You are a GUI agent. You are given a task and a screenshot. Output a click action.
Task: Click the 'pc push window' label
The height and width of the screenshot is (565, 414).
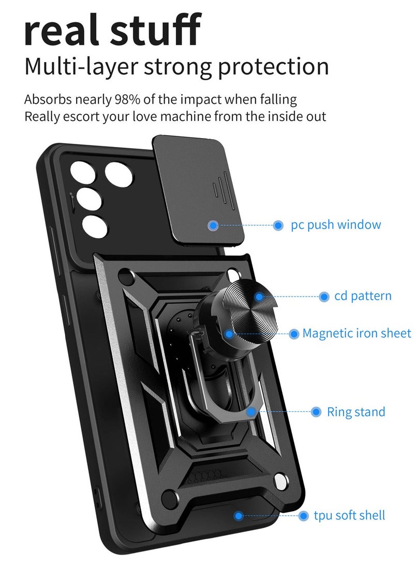(x=335, y=225)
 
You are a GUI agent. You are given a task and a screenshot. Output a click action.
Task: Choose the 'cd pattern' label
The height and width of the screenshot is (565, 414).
(x=363, y=296)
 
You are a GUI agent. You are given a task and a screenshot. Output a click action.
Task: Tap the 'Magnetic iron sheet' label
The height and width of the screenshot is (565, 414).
(x=357, y=333)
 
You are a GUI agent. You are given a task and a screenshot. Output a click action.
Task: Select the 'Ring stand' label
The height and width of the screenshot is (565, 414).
(x=356, y=412)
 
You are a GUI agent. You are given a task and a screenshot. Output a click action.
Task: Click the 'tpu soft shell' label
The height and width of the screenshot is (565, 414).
(x=349, y=515)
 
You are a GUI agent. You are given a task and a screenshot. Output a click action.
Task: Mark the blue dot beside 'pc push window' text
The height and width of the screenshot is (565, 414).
(x=278, y=225)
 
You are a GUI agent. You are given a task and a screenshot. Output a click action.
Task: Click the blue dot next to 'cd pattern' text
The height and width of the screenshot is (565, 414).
(x=324, y=296)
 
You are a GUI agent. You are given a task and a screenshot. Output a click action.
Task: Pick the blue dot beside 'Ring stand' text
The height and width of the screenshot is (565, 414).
(x=316, y=412)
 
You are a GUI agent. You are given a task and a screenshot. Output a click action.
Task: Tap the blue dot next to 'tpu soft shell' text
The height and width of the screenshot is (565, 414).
(x=304, y=515)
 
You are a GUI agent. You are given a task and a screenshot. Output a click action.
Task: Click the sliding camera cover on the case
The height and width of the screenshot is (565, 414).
(x=199, y=189)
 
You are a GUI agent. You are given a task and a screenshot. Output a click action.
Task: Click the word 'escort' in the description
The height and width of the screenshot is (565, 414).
(x=81, y=116)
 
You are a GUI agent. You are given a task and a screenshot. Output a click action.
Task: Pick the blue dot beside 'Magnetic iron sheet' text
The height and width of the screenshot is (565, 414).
(x=294, y=334)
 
